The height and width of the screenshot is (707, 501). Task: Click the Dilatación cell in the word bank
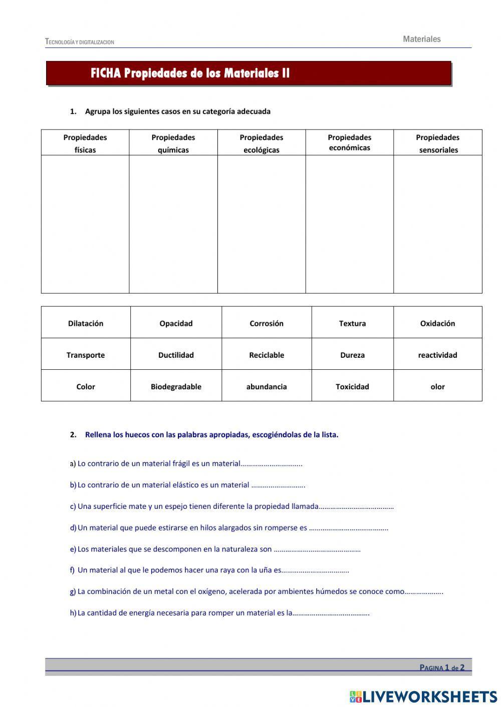click(86, 323)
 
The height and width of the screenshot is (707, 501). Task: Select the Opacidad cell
click(176, 323)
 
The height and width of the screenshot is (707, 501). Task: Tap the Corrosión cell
click(267, 323)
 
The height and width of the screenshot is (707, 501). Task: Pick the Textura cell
click(352, 323)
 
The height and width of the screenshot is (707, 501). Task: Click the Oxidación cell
click(437, 323)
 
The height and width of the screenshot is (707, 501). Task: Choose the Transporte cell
click(86, 355)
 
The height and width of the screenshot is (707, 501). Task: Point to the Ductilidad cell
click(176, 355)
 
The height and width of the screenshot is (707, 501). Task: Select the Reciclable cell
click(267, 355)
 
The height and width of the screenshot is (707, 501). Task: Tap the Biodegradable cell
click(176, 386)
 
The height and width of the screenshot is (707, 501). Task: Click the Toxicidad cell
click(352, 386)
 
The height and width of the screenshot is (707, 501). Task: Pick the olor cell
click(437, 386)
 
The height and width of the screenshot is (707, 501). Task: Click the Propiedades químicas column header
click(173, 143)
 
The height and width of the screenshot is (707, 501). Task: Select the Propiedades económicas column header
click(350, 142)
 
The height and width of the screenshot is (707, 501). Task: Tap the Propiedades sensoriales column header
click(438, 143)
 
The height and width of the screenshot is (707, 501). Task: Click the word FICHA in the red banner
click(106, 74)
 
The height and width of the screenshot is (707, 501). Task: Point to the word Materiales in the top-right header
click(421, 39)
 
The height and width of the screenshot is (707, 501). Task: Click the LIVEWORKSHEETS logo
click(423, 696)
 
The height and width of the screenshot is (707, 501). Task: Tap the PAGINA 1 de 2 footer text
click(442, 667)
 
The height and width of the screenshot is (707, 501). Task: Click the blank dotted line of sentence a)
click(272, 464)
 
